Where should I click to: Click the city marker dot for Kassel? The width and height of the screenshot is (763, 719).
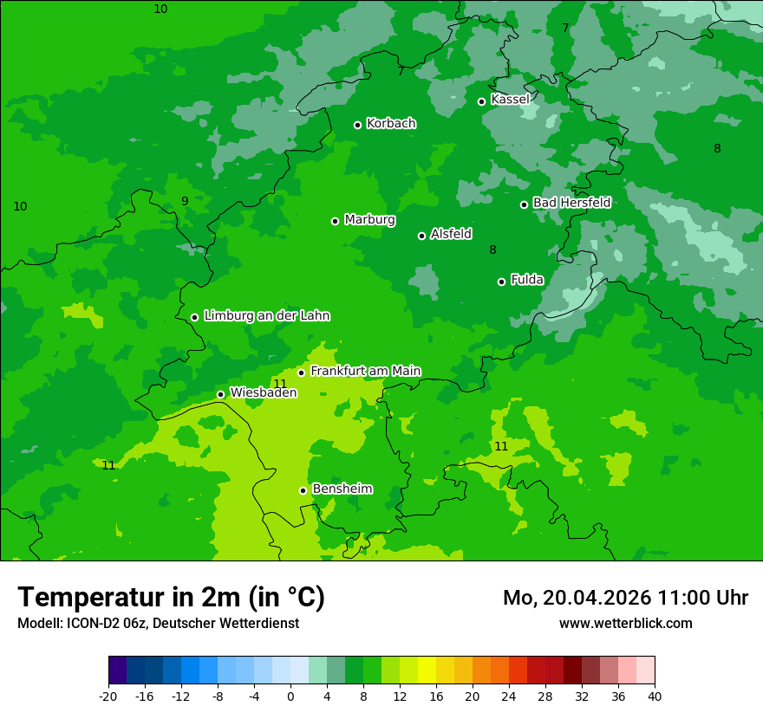pyautogui.click(x=481, y=101)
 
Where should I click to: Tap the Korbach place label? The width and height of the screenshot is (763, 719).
pyautogui.click(x=391, y=124)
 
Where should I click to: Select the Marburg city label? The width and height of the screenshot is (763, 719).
pyautogui.click(x=369, y=220)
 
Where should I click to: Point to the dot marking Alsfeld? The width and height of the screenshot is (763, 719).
pyautogui.click(x=421, y=236)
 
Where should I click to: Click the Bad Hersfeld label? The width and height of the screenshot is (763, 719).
pyautogui.click(x=571, y=203)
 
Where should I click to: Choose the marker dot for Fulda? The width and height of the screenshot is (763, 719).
pyautogui.click(x=501, y=282)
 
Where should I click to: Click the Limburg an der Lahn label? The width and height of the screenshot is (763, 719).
pyautogui.click(x=266, y=316)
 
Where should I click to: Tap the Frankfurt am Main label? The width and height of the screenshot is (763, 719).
pyautogui.click(x=365, y=371)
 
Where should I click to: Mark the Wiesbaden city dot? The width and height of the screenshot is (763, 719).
pyautogui.click(x=220, y=394)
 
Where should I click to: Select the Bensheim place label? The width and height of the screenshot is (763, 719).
pyautogui.click(x=342, y=489)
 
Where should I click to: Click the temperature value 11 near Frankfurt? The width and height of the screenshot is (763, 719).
pyautogui.click(x=280, y=384)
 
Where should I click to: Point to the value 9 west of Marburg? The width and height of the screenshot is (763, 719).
pyautogui.click(x=185, y=201)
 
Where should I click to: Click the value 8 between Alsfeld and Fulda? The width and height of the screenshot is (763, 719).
pyautogui.click(x=492, y=250)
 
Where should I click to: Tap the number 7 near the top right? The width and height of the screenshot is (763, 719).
pyautogui.click(x=565, y=28)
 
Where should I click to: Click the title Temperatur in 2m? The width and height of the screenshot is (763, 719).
pyautogui.click(x=171, y=597)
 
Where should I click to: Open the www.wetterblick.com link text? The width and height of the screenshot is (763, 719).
pyautogui.click(x=625, y=623)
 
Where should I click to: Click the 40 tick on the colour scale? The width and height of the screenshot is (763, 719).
pyautogui.click(x=654, y=696)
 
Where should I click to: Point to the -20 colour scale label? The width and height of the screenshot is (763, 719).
pyautogui.click(x=108, y=696)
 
